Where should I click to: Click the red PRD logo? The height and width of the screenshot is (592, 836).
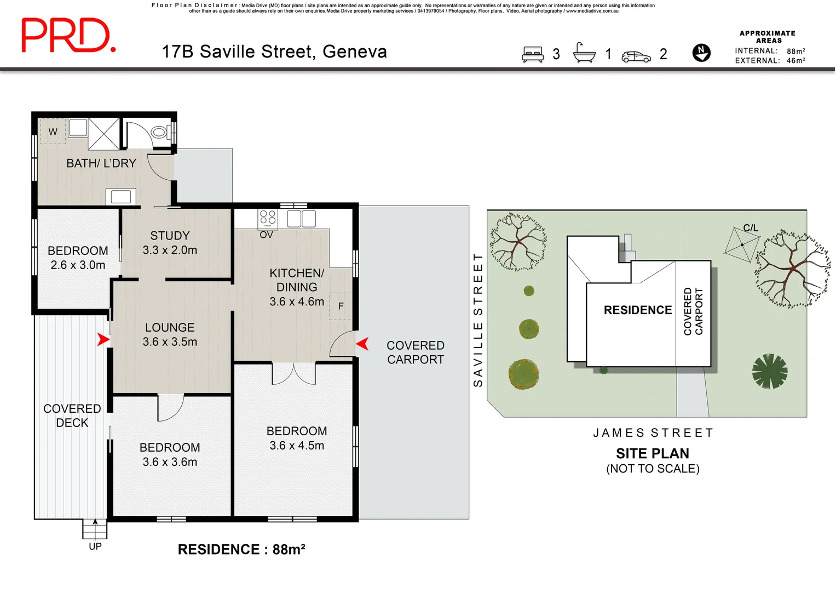pos(68,35)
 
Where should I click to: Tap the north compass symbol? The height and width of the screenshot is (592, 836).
pos(701,53)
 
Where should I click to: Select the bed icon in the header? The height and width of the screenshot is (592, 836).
pos(533,54)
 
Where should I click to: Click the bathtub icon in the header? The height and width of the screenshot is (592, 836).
pos(584,52)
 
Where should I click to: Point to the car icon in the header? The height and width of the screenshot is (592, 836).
pos(636,57)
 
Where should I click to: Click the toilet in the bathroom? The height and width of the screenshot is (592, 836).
pos(160,132)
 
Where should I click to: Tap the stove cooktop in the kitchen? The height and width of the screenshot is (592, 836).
pos(268,219)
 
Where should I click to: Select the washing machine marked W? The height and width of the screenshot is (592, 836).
pos(53,131)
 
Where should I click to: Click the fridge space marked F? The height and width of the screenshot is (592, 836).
pos(341,306)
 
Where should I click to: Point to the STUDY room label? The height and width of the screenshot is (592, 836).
pos(170,236)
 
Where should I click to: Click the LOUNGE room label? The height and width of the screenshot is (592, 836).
pos(170,327)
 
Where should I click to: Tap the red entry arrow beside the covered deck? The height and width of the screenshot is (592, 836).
pos(103,339)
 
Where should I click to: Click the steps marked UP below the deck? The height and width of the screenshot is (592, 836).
pos(95,529)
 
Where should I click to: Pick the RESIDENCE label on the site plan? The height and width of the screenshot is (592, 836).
pos(638,310)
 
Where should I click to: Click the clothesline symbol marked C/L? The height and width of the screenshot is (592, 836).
pos(742,245)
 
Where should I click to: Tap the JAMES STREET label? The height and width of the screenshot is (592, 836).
pos(653,433)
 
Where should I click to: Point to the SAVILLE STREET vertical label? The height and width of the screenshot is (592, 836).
pos(478,320)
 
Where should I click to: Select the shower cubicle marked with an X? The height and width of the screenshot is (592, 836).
pos(104,134)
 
